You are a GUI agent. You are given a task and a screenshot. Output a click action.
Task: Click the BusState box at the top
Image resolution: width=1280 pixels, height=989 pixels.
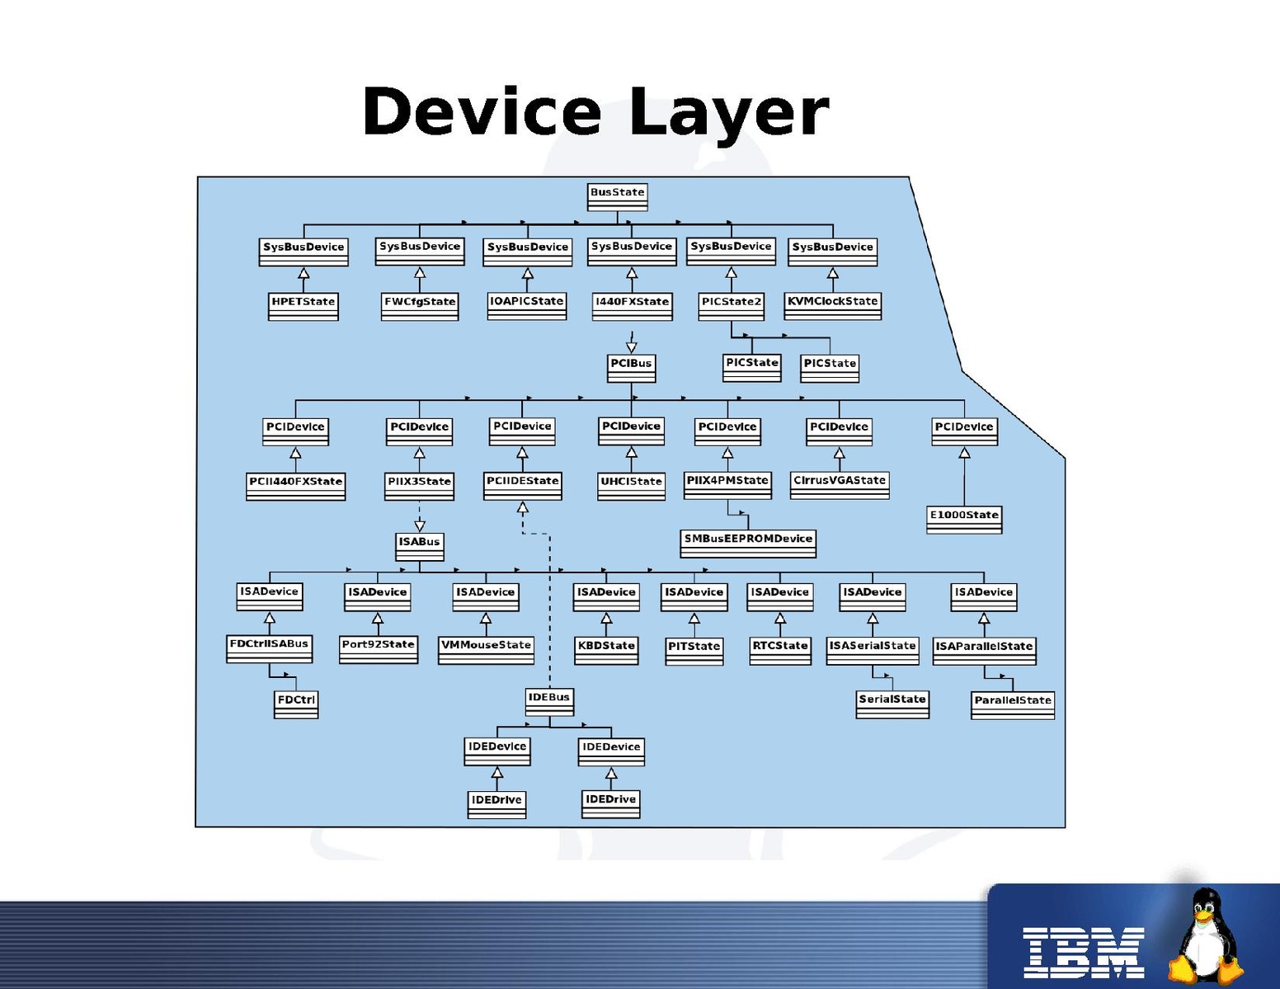pyautogui.click(x=617, y=195)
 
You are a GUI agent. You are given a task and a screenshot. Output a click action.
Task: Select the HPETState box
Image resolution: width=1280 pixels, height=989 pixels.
pyautogui.click(x=304, y=305)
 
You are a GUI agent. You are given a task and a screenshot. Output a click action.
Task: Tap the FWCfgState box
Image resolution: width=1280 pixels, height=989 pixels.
pyautogui.click(x=420, y=305)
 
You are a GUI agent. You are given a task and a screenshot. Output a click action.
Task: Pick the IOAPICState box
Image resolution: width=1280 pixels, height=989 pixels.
pyautogui.click(x=527, y=305)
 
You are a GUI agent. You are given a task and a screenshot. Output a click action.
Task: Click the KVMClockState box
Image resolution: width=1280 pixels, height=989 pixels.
pyautogui.click(x=832, y=305)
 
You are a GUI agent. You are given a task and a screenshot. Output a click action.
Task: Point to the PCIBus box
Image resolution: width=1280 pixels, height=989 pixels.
pyautogui.click(x=631, y=367)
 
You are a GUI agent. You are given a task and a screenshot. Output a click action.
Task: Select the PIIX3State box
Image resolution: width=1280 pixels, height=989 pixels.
pyautogui.click(x=419, y=485)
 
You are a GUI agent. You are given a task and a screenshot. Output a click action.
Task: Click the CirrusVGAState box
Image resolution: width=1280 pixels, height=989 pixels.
pyautogui.click(x=840, y=484)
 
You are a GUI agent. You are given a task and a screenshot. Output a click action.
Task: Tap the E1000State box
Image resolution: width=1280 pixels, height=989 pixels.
pyautogui.click(x=964, y=519)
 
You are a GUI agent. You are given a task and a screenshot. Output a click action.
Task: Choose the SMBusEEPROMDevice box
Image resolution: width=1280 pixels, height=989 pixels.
pyautogui.click(x=748, y=543)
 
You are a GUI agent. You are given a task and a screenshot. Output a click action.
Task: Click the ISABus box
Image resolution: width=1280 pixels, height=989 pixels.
pyautogui.click(x=419, y=545)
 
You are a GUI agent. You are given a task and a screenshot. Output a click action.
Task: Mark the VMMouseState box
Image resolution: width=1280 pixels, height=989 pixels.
pyautogui.click(x=486, y=649)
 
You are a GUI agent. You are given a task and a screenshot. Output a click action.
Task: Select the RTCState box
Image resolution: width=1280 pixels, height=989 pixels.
pyautogui.click(x=780, y=650)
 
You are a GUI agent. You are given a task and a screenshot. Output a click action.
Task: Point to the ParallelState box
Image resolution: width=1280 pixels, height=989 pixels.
pyautogui.click(x=1013, y=704)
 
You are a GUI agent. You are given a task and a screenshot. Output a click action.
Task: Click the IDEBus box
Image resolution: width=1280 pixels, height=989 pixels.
pyautogui.click(x=549, y=701)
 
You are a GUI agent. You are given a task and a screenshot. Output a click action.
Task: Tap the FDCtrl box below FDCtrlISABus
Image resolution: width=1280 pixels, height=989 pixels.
pyautogui.click(x=296, y=704)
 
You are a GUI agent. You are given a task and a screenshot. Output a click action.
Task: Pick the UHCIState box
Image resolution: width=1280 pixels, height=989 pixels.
pyautogui.click(x=631, y=485)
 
